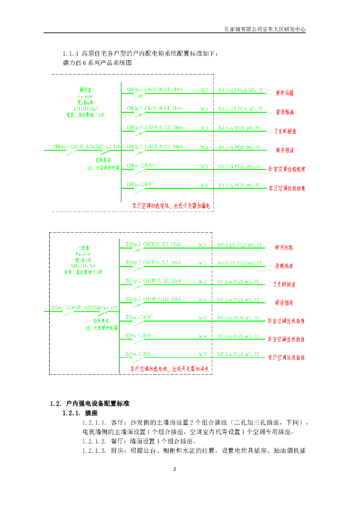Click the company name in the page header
265,29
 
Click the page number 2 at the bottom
175,469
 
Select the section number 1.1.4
71,54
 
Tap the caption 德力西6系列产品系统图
96,63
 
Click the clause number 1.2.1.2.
94,441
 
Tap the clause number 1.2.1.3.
94,451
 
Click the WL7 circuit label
202,355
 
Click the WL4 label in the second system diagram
202,300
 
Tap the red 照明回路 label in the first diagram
284,93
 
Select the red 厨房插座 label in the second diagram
284,302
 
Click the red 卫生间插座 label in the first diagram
286,131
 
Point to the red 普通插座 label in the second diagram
284,265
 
